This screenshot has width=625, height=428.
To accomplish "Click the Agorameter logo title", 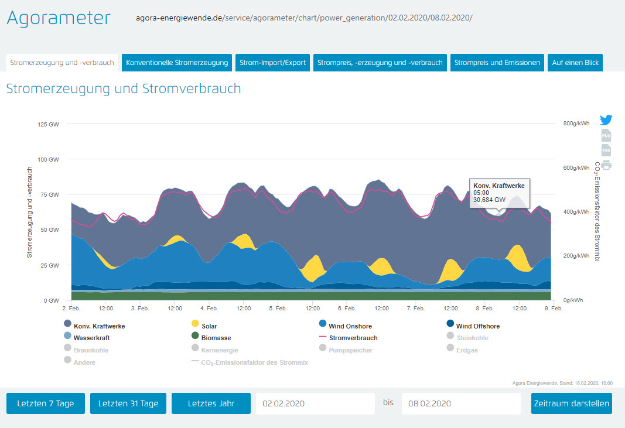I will (x=58, y=18).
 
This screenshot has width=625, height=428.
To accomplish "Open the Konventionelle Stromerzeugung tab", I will (x=177, y=63).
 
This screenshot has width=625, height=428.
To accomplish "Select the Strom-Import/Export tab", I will (x=273, y=63).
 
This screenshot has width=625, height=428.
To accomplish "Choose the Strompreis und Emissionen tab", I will (x=497, y=63).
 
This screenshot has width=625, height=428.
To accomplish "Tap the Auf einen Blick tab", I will (x=575, y=63).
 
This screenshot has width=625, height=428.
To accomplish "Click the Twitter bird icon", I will (x=606, y=120).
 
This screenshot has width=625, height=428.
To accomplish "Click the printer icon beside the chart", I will (x=606, y=165).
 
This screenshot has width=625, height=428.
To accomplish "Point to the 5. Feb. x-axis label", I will (x=278, y=308).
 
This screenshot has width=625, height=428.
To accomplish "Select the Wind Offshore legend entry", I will (x=477, y=326).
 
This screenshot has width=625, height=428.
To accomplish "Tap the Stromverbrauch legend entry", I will (x=353, y=338).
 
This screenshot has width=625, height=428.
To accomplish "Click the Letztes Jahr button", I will (x=211, y=403).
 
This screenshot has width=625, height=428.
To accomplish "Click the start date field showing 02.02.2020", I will (x=315, y=403).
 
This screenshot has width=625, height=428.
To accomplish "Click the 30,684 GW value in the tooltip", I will (x=490, y=199).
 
